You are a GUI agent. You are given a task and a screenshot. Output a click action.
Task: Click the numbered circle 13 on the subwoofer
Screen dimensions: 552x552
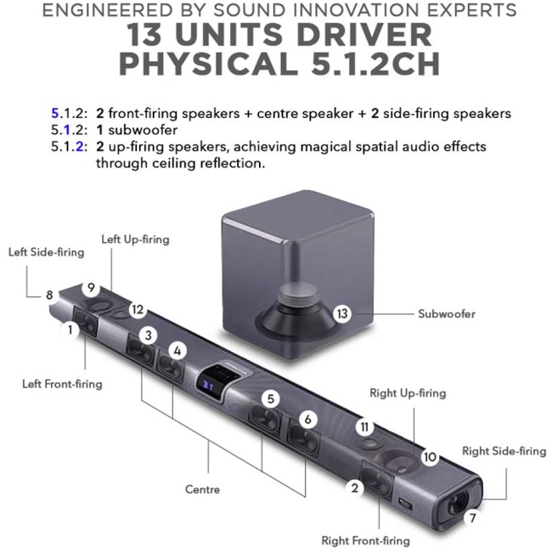[x=342, y=313]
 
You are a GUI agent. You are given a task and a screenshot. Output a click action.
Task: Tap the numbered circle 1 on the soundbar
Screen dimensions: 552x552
[x=70, y=330]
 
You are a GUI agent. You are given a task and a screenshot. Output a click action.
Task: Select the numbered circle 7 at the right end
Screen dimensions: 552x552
[x=471, y=515]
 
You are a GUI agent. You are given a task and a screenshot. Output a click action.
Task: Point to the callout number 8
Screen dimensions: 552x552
[x=49, y=295]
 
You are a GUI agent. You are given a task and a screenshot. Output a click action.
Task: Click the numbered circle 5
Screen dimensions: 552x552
[x=270, y=397]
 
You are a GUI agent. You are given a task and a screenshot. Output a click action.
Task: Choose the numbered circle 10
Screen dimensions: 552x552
[x=430, y=457]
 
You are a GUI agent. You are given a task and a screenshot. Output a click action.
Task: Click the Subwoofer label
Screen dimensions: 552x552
[x=446, y=313]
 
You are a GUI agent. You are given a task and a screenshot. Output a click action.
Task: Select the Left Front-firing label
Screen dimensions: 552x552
[x=62, y=384]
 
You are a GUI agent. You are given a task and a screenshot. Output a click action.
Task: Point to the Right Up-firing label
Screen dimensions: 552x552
[x=408, y=393]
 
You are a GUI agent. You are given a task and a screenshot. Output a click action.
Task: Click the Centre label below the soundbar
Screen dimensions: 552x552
[x=202, y=489]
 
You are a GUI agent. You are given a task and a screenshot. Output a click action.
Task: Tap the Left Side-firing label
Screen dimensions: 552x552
[x=47, y=252]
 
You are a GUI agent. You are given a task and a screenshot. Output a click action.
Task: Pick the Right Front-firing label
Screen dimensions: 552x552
[x=365, y=540]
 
